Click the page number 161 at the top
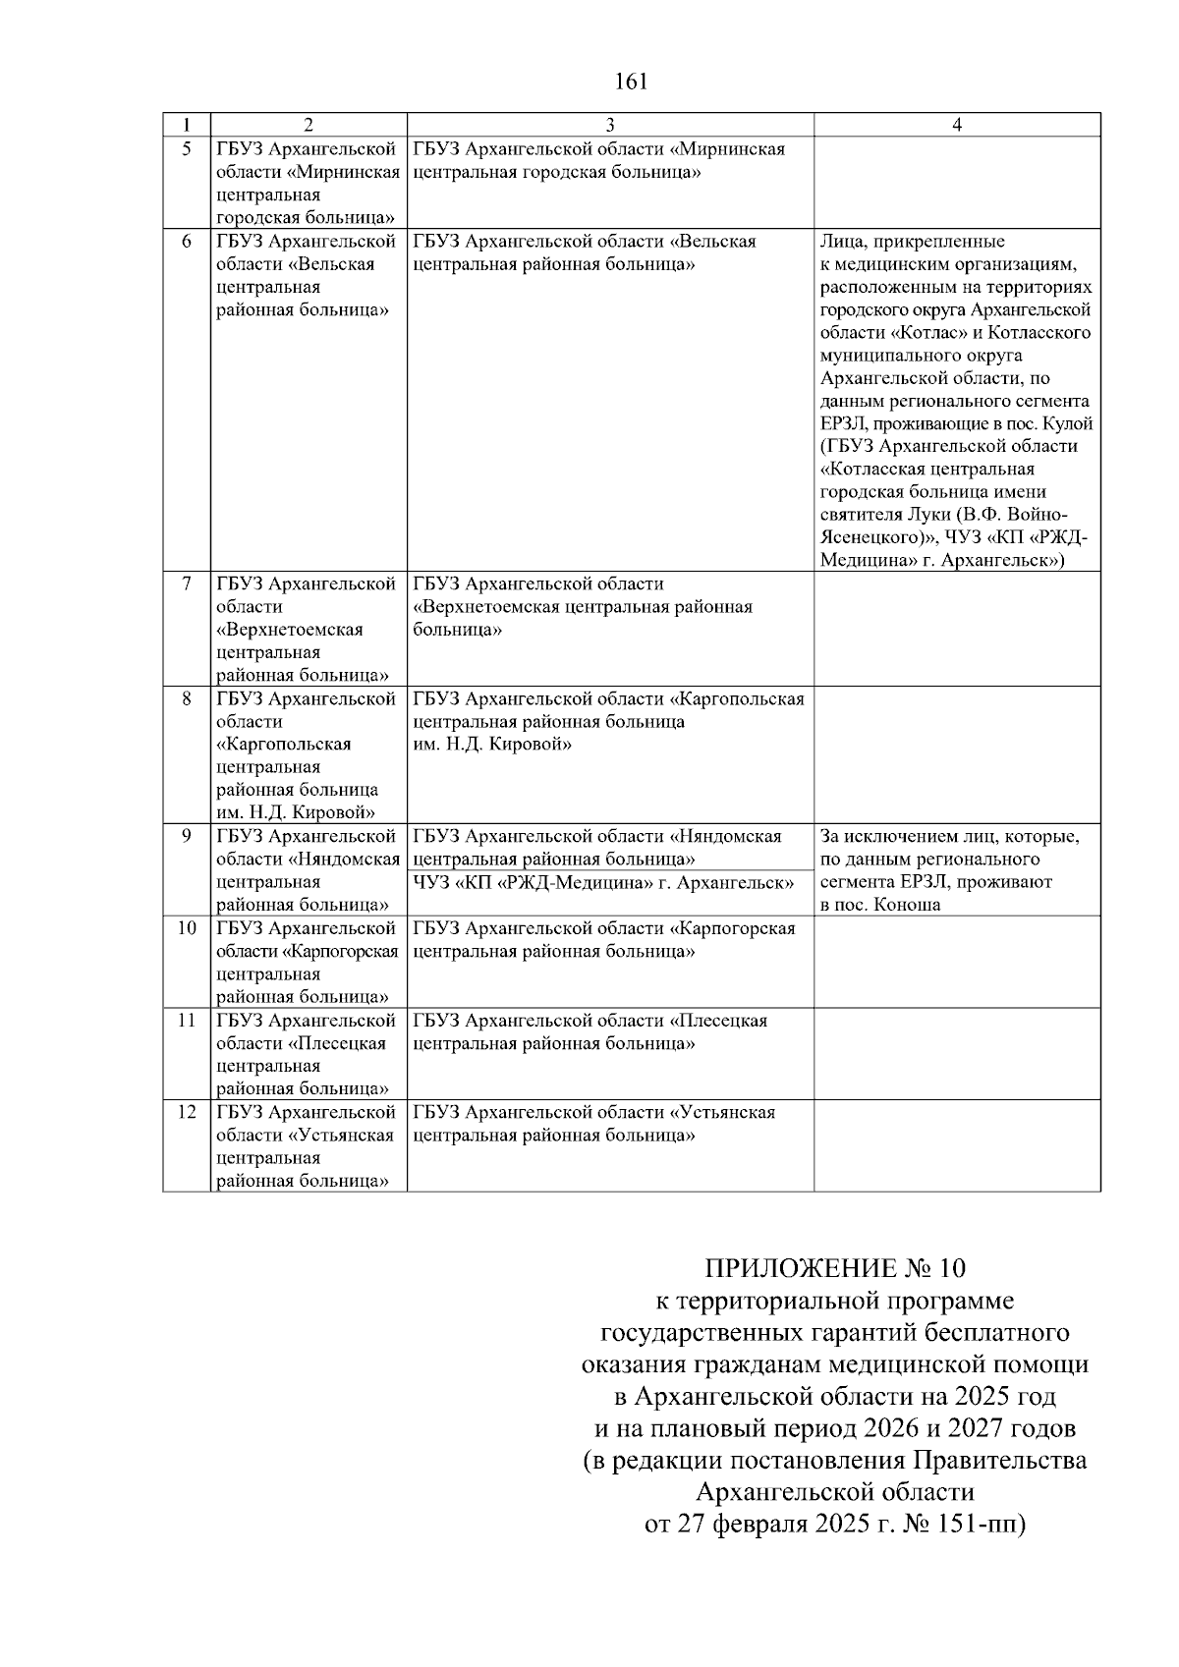[x=630, y=82]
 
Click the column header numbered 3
[x=609, y=125]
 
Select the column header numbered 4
[x=957, y=125]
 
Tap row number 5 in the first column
[x=187, y=149]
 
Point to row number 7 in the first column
[x=187, y=584]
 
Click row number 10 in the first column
[x=187, y=929]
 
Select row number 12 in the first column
[x=187, y=1113]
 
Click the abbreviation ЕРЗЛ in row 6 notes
[x=841, y=424]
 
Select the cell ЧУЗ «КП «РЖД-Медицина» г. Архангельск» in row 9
[x=603, y=883]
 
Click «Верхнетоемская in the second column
[x=290, y=630]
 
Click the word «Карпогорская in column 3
[x=732, y=929]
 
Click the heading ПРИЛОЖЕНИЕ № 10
[x=834, y=1267]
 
